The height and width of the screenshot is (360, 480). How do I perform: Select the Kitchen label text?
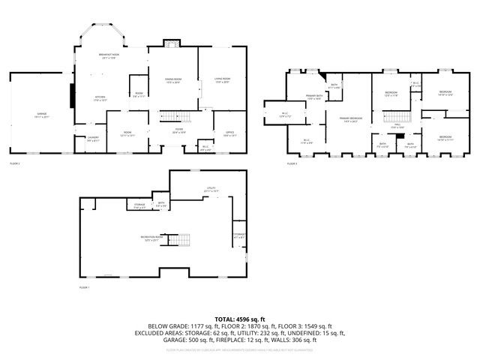click(x=100, y=97)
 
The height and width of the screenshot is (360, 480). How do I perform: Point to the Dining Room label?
click(x=173, y=80)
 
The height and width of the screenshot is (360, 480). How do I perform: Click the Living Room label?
click(x=221, y=79)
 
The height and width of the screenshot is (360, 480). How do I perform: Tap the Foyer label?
click(x=180, y=130)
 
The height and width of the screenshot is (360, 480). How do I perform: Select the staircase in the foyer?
click(x=173, y=117)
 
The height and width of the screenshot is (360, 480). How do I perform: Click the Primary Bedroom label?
click(x=347, y=118)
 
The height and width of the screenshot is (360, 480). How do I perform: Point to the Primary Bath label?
click(x=313, y=97)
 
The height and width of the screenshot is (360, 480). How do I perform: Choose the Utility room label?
click(x=211, y=189)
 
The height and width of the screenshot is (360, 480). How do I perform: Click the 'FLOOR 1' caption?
click(x=84, y=287)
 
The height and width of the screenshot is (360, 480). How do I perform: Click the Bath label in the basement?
click(x=160, y=203)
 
